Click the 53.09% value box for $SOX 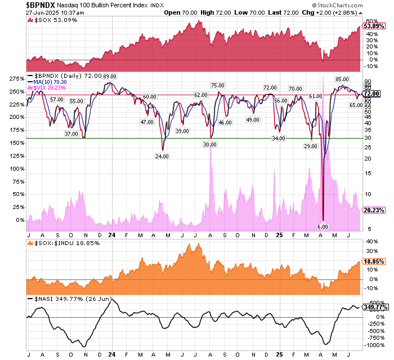click(374, 26)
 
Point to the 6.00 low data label click(323, 226)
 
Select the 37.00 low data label click(71, 134)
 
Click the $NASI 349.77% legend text click(60, 298)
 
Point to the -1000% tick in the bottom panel click(373, 345)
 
